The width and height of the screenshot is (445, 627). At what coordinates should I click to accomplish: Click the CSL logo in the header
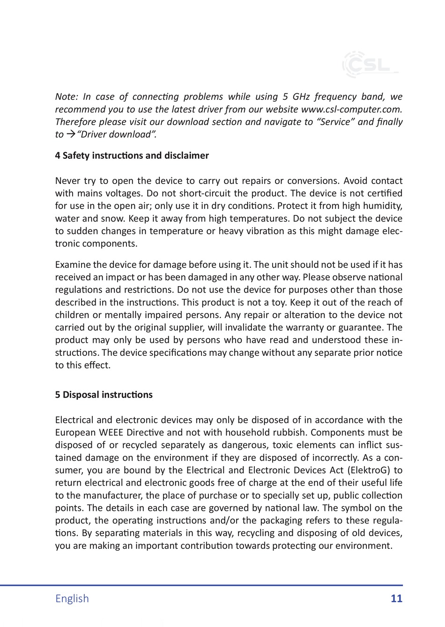(x=370, y=64)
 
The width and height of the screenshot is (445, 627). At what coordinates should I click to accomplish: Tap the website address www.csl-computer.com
(x=352, y=110)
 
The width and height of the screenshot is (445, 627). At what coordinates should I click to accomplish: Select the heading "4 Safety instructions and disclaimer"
(x=132, y=155)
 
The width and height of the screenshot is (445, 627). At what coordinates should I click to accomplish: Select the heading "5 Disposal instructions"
(x=104, y=395)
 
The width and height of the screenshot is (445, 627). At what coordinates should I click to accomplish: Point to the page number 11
(x=396, y=598)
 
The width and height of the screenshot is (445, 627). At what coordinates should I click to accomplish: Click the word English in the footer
(x=72, y=598)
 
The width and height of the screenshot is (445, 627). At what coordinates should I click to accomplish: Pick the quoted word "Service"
(x=336, y=122)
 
